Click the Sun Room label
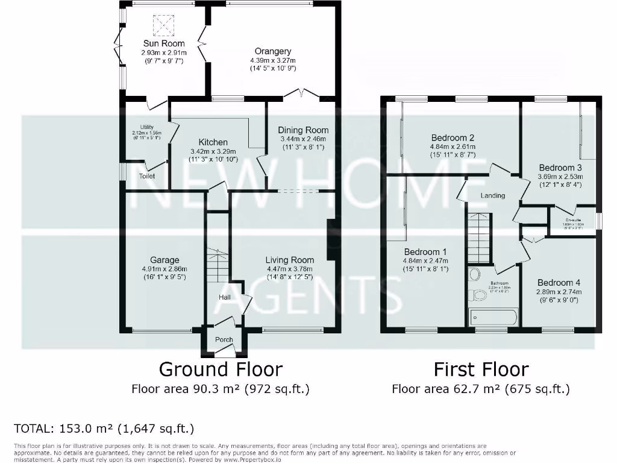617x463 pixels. (x=163, y=43)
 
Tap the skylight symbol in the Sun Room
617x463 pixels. (x=163, y=24)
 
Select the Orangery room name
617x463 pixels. (x=272, y=51)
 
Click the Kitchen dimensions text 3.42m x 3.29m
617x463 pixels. (x=213, y=151)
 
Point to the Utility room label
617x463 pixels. (x=138, y=127)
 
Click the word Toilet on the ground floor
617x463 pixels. (x=147, y=177)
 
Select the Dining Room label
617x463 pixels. (x=303, y=130)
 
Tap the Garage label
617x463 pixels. (x=164, y=260)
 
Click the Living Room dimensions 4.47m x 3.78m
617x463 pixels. (x=290, y=269)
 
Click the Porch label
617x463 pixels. (x=224, y=339)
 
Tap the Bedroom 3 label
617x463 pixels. (x=560, y=167)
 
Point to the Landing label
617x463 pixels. (x=492, y=196)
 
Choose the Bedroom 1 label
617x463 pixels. (x=425, y=251)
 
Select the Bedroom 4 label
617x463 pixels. (x=559, y=282)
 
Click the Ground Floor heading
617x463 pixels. (x=220, y=368)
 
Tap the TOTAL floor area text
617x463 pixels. (x=104, y=429)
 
